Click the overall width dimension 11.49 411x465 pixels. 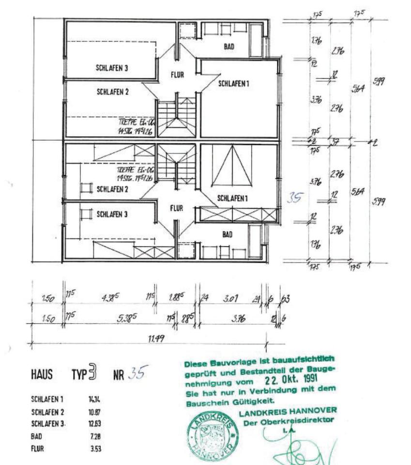[156, 339]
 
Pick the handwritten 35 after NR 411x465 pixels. [137, 374]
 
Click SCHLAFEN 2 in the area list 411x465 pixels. [47, 412]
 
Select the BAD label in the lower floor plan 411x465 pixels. [227, 234]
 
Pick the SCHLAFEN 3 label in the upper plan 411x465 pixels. [112, 69]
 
